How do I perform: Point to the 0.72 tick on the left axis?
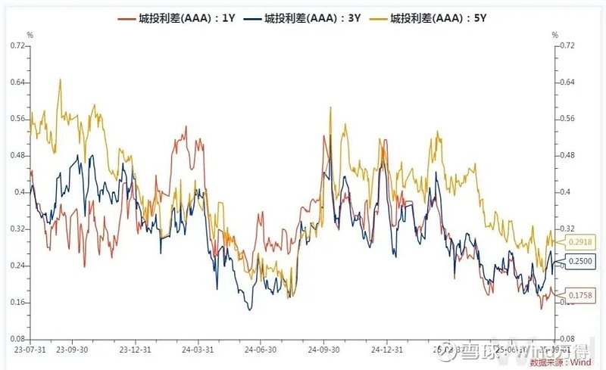[17, 45]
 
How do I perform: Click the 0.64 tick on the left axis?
[17, 82]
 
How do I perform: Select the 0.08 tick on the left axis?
[17, 339]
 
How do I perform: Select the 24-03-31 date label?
[197, 350]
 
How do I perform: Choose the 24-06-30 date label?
[260, 350]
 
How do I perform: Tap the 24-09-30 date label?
[324, 350]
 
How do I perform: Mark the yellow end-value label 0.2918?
[578, 241]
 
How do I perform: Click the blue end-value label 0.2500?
[578, 261]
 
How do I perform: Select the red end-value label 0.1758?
[578, 295]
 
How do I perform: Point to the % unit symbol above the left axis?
[30, 35]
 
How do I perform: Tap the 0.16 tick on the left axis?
[17, 302]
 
